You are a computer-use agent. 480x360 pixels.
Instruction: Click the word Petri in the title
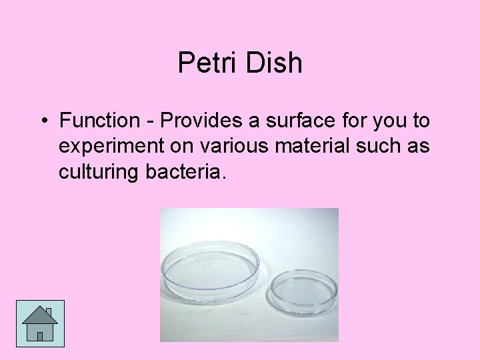tap(205, 63)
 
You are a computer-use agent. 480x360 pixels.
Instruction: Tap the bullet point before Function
tap(42, 121)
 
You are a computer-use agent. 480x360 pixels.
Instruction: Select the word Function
tap(95, 121)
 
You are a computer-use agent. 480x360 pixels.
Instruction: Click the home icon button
tap(40, 323)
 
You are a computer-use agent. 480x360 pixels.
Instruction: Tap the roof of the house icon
tap(39, 315)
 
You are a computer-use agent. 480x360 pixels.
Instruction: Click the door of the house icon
tap(40, 335)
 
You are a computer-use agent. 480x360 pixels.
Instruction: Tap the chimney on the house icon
tap(49, 311)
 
